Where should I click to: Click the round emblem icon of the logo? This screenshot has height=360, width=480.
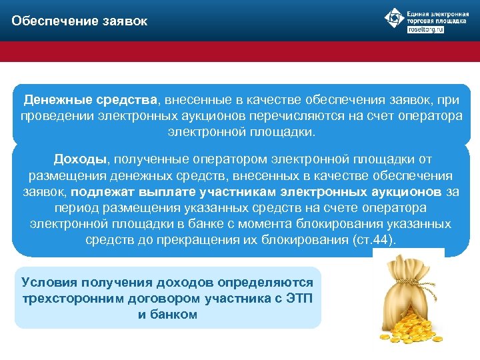point(395,19)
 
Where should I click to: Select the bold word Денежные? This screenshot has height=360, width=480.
point(55,100)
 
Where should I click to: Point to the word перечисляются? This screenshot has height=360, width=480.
point(305,116)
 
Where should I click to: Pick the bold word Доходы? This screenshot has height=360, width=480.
point(80,160)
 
